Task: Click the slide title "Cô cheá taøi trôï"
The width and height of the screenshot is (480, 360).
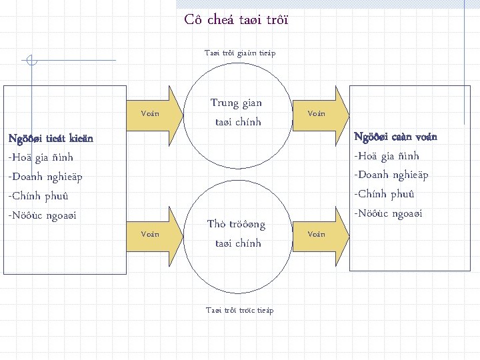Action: click(x=237, y=19)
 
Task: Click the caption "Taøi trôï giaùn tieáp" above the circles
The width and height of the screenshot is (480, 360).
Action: click(x=239, y=53)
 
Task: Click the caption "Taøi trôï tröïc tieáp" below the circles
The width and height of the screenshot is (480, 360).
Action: click(x=239, y=310)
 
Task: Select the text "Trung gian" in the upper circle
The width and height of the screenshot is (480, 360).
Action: click(x=236, y=103)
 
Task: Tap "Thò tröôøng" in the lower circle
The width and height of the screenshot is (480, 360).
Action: click(x=236, y=225)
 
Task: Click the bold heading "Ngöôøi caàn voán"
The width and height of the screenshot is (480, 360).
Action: click(x=395, y=137)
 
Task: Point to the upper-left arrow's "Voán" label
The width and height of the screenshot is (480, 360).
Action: click(x=150, y=113)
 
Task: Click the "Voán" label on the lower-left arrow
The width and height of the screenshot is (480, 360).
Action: click(x=150, y=234)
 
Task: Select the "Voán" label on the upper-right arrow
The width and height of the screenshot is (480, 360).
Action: click(x=316, y=113)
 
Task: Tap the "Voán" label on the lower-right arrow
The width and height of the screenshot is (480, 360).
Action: click(x=316, y=234)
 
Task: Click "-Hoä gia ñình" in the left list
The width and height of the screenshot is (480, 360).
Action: click(x=40, y=158)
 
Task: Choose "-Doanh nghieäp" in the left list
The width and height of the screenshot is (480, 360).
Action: click(x=45, y=177)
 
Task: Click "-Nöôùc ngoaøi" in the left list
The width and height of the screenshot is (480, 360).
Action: click(x=42, y=216)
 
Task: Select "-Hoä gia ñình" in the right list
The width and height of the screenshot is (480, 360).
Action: click(x=387, y=156)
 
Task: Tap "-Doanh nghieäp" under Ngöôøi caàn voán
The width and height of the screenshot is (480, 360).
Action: click(x=391, y=175)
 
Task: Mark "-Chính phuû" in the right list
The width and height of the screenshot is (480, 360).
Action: click(x=385, y=195)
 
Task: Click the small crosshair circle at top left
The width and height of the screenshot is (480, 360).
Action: click(x=30, y=61)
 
